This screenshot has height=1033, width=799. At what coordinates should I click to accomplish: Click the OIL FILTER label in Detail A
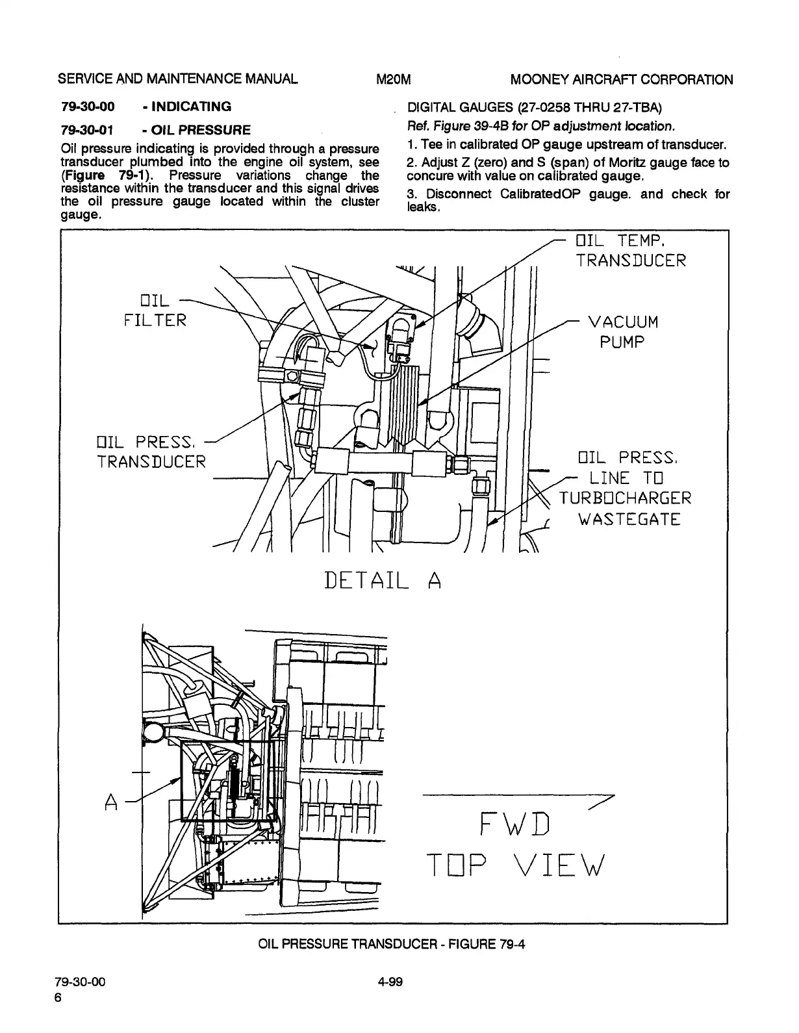tap(155, 311)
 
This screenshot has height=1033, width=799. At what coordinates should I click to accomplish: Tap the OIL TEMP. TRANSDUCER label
tap(630, 251)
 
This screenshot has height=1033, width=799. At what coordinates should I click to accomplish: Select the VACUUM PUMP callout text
tap(622, 332)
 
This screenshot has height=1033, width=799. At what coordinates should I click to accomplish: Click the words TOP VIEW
tap(515, 865)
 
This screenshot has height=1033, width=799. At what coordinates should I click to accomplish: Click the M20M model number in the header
tap(394, 80)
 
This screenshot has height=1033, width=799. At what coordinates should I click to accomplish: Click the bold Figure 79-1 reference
tap(103, 175)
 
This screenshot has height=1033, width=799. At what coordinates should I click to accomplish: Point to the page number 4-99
tap(390, 982)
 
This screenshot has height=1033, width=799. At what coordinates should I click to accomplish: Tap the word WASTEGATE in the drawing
tap(629, 519)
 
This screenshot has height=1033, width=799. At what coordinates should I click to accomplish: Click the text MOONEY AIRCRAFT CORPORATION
tap(622, 80)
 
